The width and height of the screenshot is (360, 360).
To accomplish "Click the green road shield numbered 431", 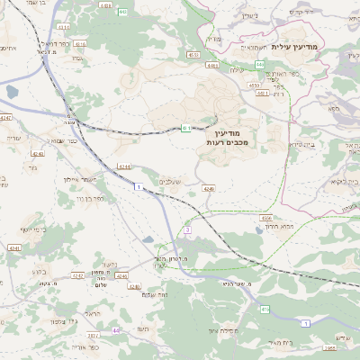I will tap(186, 128).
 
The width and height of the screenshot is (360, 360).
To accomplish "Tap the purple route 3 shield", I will tap(187, 231).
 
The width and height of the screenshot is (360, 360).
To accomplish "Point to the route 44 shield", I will tap(116, 330).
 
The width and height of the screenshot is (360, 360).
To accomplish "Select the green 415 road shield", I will tap(265, 309).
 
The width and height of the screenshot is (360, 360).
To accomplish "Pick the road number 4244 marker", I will tap(124, 166).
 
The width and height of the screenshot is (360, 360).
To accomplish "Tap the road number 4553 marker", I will tap(193, 55).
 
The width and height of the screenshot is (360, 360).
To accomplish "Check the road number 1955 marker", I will tap(330, 346).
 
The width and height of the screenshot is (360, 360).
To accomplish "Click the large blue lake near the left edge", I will tap(11, 92).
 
